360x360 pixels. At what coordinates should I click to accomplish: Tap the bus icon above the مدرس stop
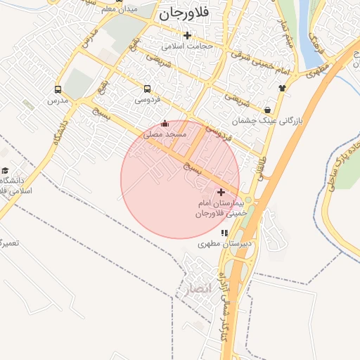click(58, 90)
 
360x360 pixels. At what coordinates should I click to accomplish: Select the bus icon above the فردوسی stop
click(148, 89)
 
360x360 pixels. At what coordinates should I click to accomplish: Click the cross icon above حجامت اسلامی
click(187, 36)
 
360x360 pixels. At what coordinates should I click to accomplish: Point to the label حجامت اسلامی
click(187, 46)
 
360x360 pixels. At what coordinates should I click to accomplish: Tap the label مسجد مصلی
click(165, 133)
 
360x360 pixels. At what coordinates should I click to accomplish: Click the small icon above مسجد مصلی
click(165, 123)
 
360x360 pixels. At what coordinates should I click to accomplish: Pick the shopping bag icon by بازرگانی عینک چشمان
click(268, 110)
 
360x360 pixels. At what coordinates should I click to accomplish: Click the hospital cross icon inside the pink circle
click(221, 192)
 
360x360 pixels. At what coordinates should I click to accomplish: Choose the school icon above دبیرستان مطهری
click(224, 233)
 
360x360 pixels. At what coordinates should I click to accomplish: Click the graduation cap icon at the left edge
click(5, 171)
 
